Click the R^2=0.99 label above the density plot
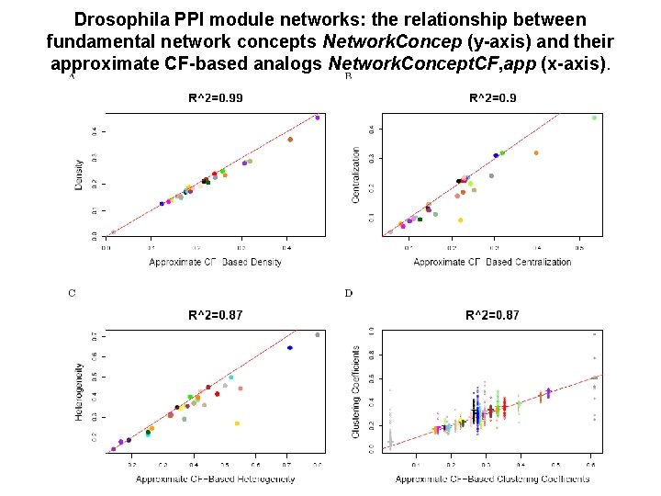click(216, 98)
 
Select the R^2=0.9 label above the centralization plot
click(493, 98)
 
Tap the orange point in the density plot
click(290, 140)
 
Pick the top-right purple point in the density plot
click(318, 118)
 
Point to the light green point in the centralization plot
click(594, 118)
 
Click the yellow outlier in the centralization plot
click(460, 220)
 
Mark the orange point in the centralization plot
click(536, 153)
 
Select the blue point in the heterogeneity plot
click(290, 348)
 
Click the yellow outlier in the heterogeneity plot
click(237, 423)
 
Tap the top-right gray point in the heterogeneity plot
click(318, 335)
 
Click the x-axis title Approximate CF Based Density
click(215, 263)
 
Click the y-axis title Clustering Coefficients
click(356, 392)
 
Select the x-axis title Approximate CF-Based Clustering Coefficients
click(492, 479)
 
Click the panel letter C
click(73, 294)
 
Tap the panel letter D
click(348, 294)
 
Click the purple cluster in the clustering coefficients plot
click(549, 393)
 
